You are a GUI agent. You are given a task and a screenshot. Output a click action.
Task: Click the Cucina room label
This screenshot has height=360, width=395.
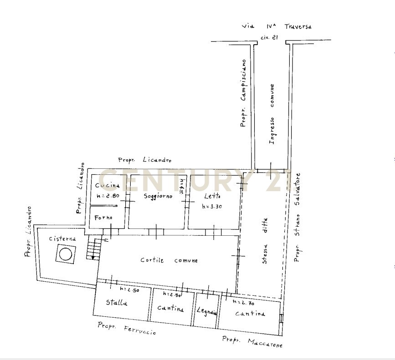coord(108,185)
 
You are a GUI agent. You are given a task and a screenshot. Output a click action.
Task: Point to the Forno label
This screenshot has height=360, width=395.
coord(103,218)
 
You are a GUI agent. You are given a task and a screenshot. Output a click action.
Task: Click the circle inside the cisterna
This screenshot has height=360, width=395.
coord(66,254)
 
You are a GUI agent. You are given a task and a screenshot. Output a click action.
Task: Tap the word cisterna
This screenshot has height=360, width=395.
coord(63,238)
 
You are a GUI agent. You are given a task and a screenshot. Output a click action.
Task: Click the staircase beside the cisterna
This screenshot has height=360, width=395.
coord(94,250)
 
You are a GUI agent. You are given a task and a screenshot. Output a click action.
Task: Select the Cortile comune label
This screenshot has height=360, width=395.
coord(169,260)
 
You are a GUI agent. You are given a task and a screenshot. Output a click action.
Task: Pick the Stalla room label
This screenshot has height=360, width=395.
coord(117,302)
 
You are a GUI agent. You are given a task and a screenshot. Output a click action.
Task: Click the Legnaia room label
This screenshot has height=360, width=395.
coord(206,312)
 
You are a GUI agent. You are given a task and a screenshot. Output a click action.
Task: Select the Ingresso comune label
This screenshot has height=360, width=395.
coord(272,114)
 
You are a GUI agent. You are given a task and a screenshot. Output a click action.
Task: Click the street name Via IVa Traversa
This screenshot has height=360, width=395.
coord(277,26)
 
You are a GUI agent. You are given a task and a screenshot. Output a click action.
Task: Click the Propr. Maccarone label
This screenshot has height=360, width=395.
coord(252,341)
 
